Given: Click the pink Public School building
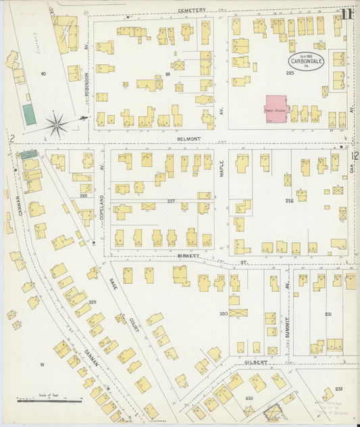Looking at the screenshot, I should pyautogui.click(x=276, y=109).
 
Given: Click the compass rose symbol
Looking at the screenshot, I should pyautogui.click(x=58, y=124).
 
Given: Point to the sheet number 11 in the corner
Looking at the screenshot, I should pyautogui.click(x=346, y=13).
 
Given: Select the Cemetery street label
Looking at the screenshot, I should pyautogui.click(x=192, y=11).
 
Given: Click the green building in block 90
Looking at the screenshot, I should pyautogui.click(x=29, y=114).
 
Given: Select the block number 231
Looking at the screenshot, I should pyautogui.click(x=328, y=314).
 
